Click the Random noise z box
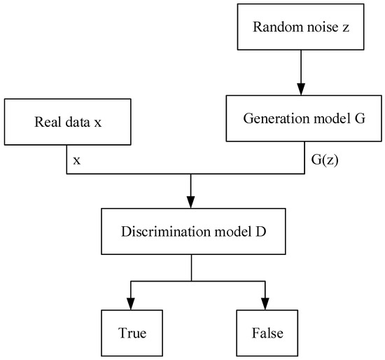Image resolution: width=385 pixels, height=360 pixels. point(300,29)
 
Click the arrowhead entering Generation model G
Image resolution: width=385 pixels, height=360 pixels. point(300,90)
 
